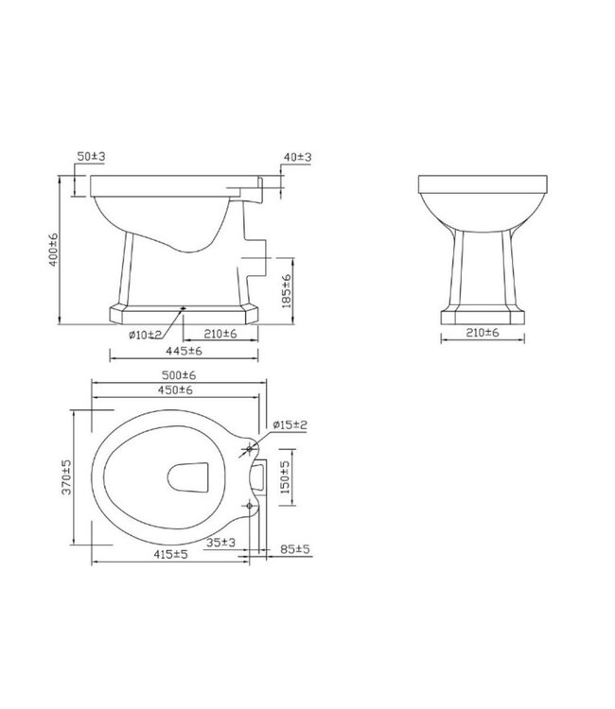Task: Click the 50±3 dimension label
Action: click(91, 153)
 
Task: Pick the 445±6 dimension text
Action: click(184, 351)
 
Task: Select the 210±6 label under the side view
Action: click(219, 333)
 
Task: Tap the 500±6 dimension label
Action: click(177, 376)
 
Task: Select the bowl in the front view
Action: click(483, 203)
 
